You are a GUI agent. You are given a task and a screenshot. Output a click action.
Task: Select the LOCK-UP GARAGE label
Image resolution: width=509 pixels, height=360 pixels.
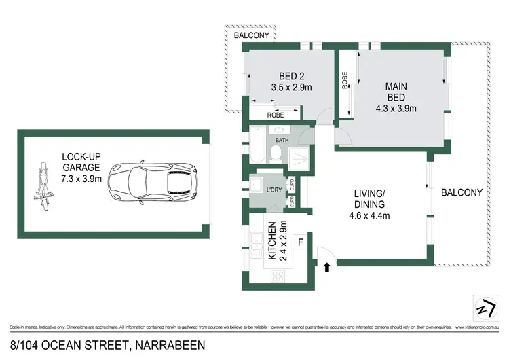[80, 167]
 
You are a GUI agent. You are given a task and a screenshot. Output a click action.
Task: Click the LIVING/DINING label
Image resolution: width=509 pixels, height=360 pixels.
[370, 198]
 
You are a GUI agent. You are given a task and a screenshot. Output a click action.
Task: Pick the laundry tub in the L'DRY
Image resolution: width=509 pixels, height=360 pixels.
[257, 185]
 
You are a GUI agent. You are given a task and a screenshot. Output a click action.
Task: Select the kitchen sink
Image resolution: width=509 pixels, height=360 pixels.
[257, 242]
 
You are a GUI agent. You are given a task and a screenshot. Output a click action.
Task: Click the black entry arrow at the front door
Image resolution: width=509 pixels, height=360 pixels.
[328, 268]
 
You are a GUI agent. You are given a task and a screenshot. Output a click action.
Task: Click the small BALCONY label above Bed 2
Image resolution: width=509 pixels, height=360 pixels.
[252, 35]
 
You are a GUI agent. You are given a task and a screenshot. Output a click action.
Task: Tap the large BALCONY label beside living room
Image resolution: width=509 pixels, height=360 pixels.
[461, 192]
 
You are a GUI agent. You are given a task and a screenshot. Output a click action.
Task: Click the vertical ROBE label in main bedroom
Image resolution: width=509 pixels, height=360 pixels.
[344, 82]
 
